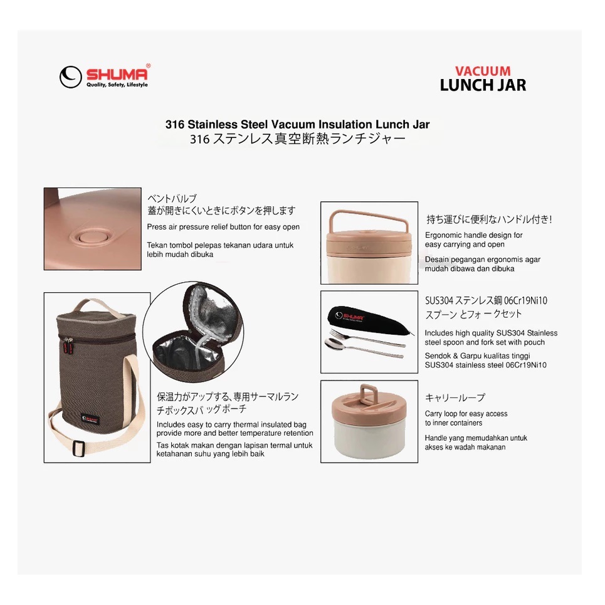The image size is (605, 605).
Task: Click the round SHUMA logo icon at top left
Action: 71,76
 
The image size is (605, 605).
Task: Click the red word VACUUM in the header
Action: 483,71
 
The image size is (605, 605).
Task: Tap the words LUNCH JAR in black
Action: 483,85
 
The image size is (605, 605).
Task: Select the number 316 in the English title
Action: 174,125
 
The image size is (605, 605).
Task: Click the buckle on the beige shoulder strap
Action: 78,448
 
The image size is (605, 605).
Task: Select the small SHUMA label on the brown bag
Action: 92,417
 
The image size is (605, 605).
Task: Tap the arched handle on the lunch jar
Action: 370,216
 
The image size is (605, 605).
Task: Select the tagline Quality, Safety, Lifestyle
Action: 116,85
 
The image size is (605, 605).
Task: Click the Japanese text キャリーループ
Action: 455,397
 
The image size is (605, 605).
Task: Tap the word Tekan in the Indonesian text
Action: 157,245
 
